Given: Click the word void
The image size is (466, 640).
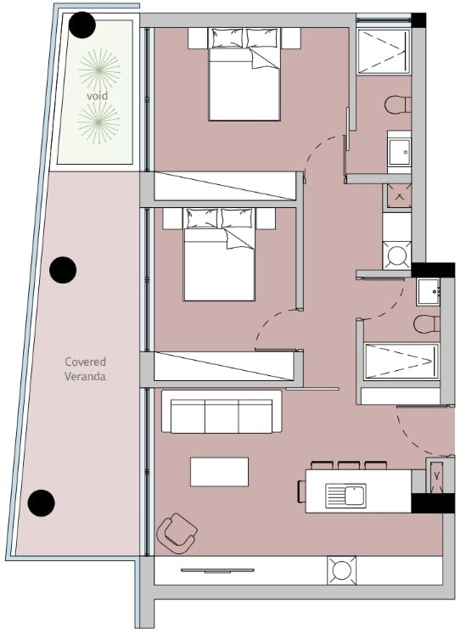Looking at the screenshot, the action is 97,96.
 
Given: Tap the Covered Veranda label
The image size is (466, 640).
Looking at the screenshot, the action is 85,369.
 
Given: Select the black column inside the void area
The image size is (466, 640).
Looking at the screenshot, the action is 82,25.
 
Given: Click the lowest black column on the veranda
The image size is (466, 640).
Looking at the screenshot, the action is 42,502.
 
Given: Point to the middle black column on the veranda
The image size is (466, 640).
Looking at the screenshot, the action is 63,270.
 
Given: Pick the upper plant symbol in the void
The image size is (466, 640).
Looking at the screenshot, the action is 99,70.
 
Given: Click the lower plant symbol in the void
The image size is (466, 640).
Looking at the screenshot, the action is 98,122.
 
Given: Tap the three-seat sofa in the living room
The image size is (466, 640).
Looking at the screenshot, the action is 222,412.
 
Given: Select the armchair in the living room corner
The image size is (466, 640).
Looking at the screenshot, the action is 177,533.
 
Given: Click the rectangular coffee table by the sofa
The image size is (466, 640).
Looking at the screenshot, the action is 220,472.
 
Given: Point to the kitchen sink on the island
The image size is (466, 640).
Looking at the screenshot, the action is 345,496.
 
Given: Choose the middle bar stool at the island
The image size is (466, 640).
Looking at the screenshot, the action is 349,465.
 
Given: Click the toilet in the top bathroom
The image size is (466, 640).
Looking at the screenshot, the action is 397,105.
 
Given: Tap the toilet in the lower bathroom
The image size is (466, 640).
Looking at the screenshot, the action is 426,324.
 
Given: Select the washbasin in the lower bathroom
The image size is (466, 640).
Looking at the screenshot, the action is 428,292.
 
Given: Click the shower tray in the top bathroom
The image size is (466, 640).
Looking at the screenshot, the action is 384,52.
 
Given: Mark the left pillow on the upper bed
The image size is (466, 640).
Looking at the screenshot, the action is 227,38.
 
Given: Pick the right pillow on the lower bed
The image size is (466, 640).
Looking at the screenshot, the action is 237,218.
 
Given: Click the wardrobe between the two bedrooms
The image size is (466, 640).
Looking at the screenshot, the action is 225,186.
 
